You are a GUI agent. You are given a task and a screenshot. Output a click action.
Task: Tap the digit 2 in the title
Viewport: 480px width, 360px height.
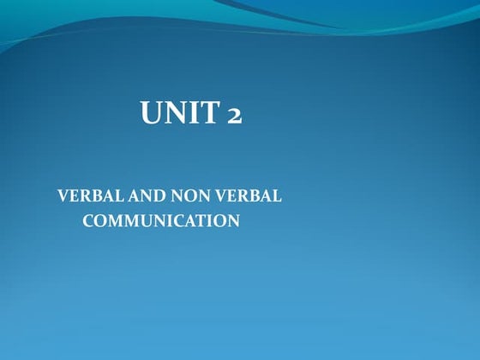coord(232,115)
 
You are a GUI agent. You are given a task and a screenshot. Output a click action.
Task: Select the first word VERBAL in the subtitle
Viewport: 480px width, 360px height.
coord(84,195)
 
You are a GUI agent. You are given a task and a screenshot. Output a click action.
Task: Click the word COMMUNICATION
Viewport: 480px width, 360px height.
coord(160,221)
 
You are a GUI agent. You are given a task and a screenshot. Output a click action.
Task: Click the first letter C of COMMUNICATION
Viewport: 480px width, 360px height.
coord(87,221)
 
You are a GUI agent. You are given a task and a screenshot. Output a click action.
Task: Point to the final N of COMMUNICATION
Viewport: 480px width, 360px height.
coord(233,221)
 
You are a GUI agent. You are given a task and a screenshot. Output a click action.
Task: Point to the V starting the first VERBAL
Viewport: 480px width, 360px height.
coord(62,195)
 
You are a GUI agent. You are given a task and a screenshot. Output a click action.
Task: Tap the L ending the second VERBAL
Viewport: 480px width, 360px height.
coord(277,195)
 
